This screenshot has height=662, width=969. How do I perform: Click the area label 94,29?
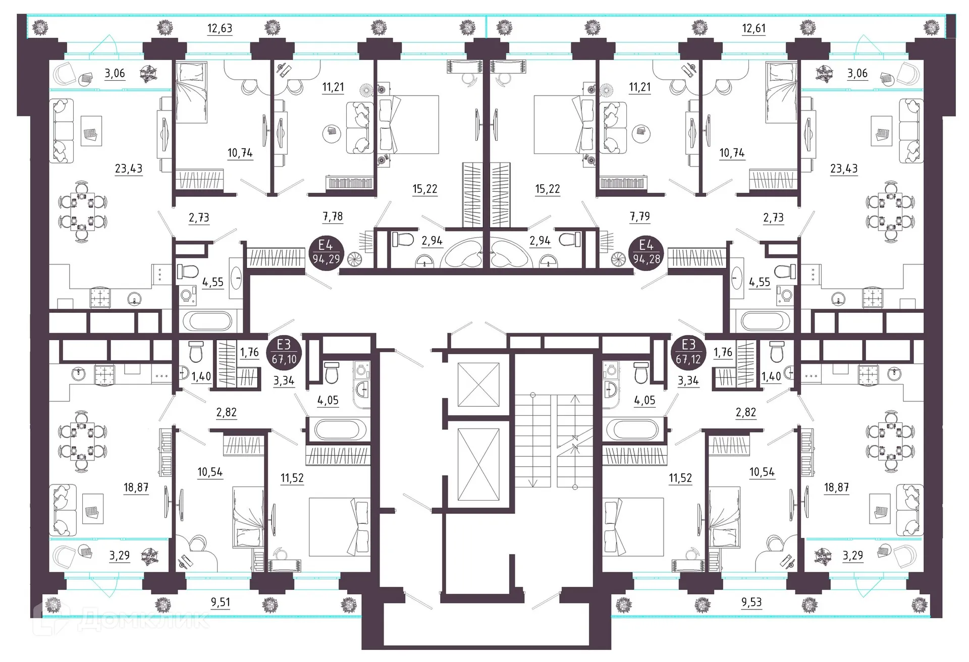coord(326,259)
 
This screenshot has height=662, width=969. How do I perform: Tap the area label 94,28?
coord(646,259)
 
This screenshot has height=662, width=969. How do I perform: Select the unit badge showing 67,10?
coord(284,352)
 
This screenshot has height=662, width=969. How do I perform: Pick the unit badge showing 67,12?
coord(689,352)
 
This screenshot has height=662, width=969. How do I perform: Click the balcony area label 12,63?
coord(220,28)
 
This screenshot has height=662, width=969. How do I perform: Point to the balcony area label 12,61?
coord(753,28)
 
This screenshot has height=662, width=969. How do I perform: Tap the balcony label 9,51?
coord(221,602)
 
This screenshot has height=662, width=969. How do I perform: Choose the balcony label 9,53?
coord(751,602)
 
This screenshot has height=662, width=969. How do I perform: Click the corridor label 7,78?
coord(333,216)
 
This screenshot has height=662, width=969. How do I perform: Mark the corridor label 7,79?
coord(640,216)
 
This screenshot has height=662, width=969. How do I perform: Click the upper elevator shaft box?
coord(478,384)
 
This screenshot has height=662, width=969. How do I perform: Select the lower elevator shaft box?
coord(478,464)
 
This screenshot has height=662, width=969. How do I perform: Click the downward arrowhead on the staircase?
coord(532,483)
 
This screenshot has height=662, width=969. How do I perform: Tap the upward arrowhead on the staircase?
coord(575,399)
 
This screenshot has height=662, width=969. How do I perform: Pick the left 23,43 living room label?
coord(129,168)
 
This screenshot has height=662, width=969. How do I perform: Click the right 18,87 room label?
coord(836,487)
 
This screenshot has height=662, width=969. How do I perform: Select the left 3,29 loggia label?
coord(120,556)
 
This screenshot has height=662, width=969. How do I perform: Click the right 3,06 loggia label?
coord(857,73)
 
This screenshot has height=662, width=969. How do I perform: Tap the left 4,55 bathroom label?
coord(212,282)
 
